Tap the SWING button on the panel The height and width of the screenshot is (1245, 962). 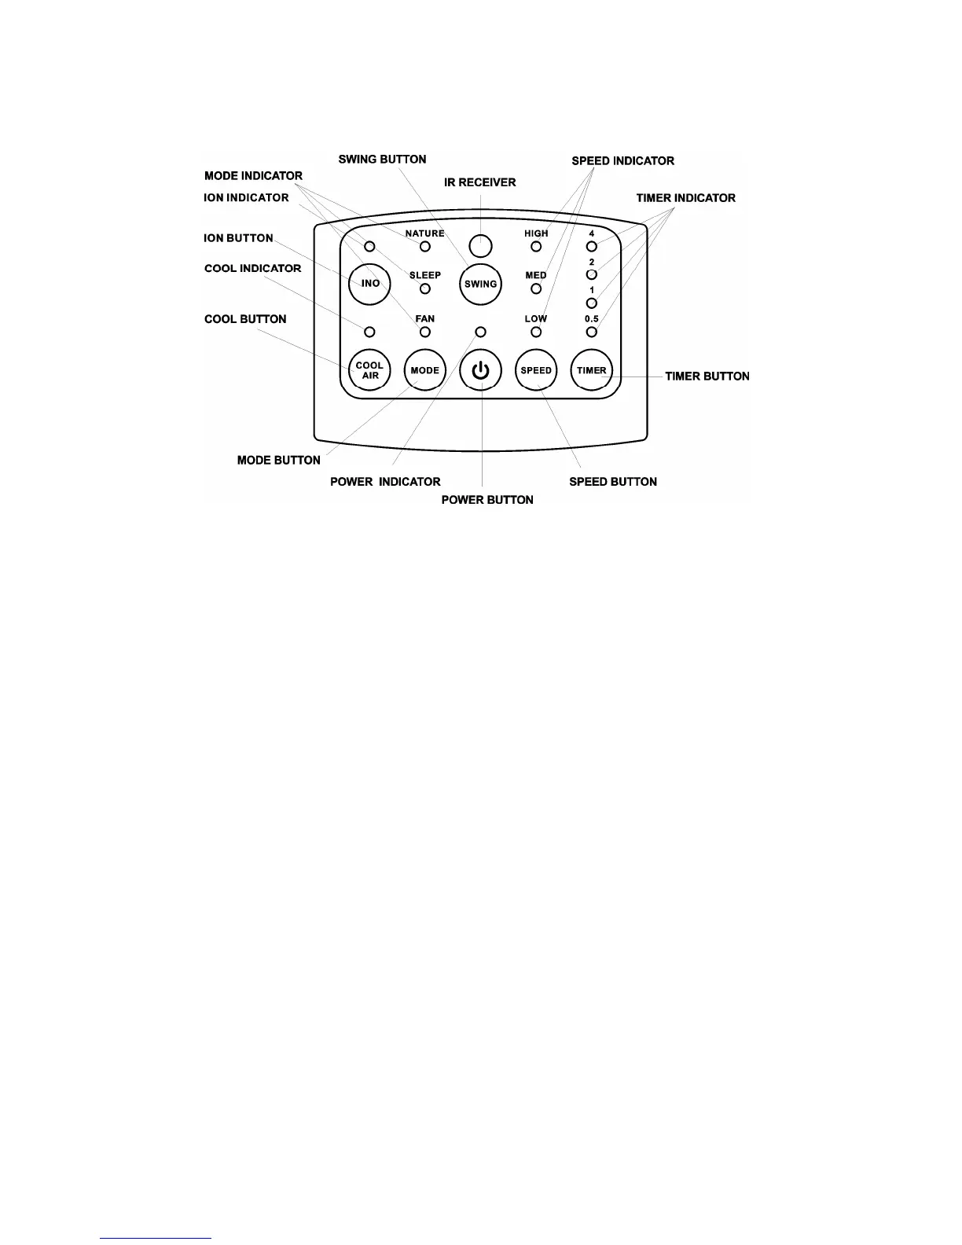coord(480,284)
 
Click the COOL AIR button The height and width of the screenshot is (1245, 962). coord(369,370)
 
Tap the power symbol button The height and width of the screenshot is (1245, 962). coord(480,370)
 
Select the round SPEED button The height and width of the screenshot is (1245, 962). coord(536,370)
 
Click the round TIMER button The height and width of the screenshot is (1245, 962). coord(592,370)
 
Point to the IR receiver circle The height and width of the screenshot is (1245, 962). coord(480,246)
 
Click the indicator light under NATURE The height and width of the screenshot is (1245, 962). coord(425,247)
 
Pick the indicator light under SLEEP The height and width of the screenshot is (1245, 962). coord(425,288)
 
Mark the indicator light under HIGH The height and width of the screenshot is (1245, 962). coord(536,247)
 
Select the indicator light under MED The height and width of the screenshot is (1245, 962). coord(536,288)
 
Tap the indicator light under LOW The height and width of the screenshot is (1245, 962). coord(536,332)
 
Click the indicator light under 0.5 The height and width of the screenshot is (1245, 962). coord(592,332)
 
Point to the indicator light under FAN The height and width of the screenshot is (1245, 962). coord(425,332)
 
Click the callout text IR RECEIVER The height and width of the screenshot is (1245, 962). coord(480,182)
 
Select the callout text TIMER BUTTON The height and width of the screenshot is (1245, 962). coord(707,376)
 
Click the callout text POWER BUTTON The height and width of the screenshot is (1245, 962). coord(487,500)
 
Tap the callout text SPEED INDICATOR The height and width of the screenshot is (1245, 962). coord(622,161)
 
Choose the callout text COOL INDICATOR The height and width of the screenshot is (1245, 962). coord(252,269)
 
